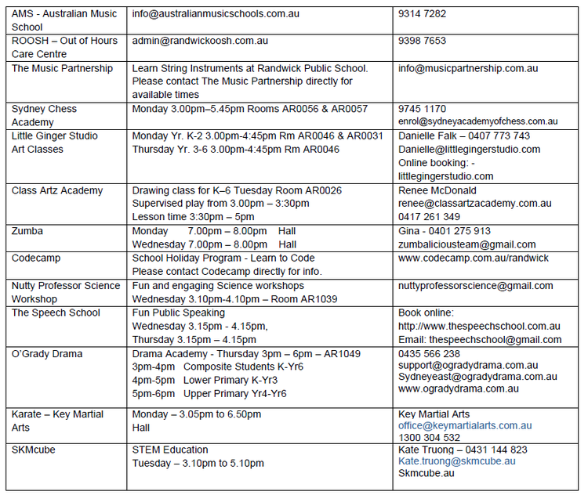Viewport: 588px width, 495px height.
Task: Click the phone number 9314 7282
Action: [x=422, y=14]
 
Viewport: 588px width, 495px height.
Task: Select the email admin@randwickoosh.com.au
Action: [x=200, y=41]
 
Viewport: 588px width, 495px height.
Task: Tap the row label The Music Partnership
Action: [x=62, y=68]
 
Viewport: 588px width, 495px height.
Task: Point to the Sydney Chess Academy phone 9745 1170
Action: [x=422, y=109]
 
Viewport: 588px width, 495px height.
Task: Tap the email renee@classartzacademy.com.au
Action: [x=474, y=204]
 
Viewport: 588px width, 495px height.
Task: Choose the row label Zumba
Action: [x=27, y=231]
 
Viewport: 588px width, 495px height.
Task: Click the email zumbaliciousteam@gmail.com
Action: [x=466, y=244]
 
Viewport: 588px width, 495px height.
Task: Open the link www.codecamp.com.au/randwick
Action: [x=473, y=258]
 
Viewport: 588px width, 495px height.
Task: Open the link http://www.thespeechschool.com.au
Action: [x=478, y=326]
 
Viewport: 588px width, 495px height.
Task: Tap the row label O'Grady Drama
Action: [x=46, y=354]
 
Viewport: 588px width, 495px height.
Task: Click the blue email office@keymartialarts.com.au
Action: [x=464, y=425]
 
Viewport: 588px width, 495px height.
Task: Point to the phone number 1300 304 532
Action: [x=429, y=438]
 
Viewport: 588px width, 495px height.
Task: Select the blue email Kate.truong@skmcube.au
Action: [x=456, y=461]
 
